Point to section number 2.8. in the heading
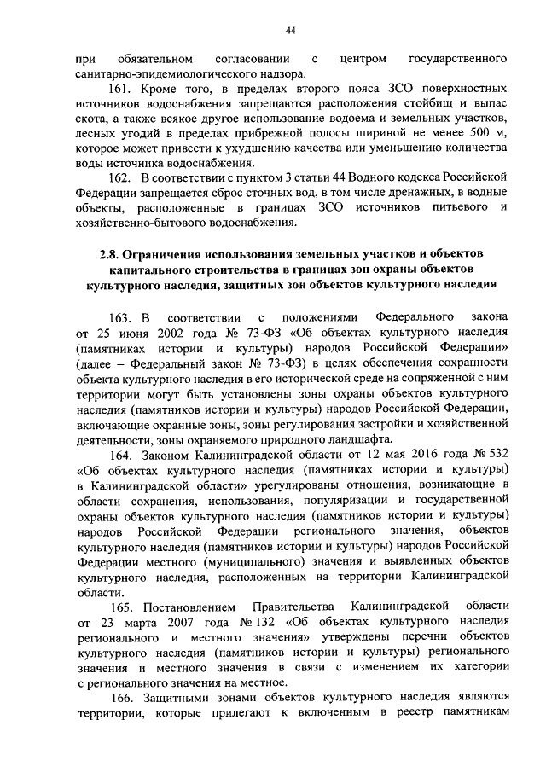pos(109,255)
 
